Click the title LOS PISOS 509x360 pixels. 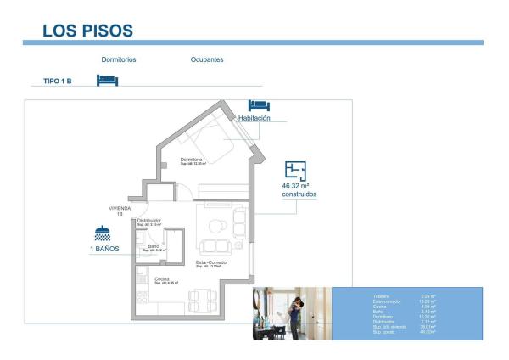[x=87, y=31]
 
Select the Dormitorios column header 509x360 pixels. [x=119, y=60]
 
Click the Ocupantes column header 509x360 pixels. [x=207, y=60]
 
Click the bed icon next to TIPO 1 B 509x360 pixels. [x=107, y=80]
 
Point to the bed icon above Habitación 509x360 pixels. [x=258, y=104]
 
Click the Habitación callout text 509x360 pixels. [x=255, y=118]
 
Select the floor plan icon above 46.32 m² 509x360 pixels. [x=295, y=170]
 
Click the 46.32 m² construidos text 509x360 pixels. [x=299, y=189]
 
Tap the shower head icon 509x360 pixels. [x=103, y=233]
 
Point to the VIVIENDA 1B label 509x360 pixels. [x=120, y=211]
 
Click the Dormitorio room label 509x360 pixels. [x=191, y=160]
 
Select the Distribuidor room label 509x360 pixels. [x=149, y=220]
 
